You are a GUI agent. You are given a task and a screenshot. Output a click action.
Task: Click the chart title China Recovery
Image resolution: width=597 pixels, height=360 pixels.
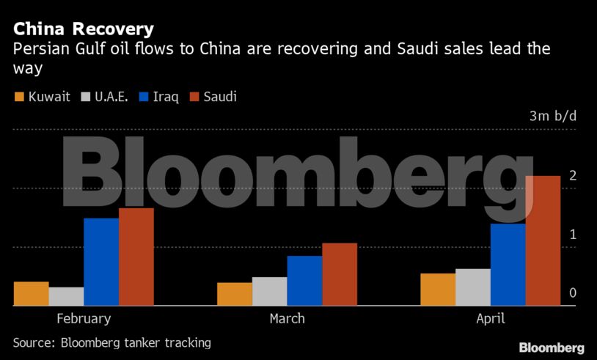(84, 29)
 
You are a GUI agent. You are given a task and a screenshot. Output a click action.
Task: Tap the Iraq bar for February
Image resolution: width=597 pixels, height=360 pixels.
(101, 262)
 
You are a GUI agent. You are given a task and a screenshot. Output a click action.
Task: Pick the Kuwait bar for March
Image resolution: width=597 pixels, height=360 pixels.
(235, 294)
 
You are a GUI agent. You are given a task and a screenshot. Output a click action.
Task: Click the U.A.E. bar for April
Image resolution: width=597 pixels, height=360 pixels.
(472, 287)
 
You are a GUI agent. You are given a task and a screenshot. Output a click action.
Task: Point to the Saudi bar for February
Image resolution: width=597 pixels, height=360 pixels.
(136, 257)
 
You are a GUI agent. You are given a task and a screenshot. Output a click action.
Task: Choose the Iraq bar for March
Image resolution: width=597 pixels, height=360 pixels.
(304, 281)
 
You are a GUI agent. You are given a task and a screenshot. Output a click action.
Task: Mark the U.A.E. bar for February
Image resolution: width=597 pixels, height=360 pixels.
(66, 296)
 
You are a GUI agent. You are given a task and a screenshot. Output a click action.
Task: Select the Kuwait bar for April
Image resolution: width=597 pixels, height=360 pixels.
(438, 290)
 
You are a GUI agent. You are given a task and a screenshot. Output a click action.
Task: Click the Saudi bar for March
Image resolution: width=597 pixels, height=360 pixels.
(340, 274)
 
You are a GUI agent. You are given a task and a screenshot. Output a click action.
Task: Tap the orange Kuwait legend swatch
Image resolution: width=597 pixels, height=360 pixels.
(19, 97)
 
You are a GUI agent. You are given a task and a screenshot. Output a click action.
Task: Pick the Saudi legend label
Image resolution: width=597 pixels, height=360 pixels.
(220, 97)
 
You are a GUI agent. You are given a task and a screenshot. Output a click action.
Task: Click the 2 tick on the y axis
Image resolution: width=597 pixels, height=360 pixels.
(573, 176)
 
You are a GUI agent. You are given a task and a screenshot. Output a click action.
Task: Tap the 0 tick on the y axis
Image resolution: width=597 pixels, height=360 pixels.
(573, 293)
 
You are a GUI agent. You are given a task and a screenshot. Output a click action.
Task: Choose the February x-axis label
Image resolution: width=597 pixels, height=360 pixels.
(84, 319)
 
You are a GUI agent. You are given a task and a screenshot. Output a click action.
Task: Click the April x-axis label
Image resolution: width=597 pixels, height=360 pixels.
(490, 319)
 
